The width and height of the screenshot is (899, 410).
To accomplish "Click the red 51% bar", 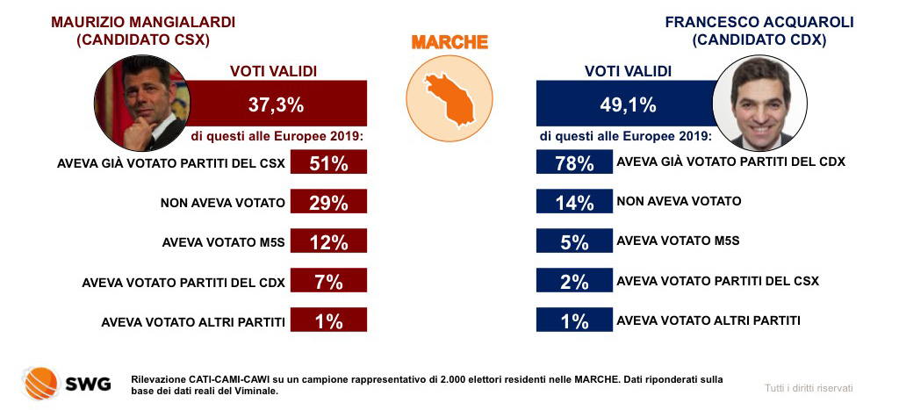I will pos(327,163).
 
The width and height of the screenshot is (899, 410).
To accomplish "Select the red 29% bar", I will pos(327,203).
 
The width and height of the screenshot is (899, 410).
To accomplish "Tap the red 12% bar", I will pos(327,242).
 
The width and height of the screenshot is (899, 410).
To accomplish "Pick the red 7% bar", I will pos(327,282).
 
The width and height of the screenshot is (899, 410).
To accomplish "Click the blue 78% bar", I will pos(574,163).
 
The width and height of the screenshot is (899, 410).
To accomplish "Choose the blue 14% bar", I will pos(574,203).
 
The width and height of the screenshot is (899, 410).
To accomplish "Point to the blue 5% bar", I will pos(574,242).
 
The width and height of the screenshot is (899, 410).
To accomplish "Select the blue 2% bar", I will pos(574,282).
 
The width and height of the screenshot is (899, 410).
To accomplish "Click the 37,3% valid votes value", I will pos(276,105).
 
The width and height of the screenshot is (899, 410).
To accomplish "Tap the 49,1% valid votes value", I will pos(628,105).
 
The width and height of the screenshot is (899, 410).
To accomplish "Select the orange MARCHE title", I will pos(449,42).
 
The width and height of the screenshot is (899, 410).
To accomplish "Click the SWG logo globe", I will pos(39,381).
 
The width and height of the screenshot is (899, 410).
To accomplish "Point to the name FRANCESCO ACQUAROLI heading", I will pos(759,21).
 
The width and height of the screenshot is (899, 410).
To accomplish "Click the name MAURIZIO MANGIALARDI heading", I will pos(144,21).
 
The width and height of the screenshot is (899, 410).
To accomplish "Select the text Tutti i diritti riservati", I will pos(809,387).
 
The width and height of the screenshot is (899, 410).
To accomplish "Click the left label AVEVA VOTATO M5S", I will pos(224,242).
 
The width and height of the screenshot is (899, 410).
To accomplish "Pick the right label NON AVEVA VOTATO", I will pos(679,201).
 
